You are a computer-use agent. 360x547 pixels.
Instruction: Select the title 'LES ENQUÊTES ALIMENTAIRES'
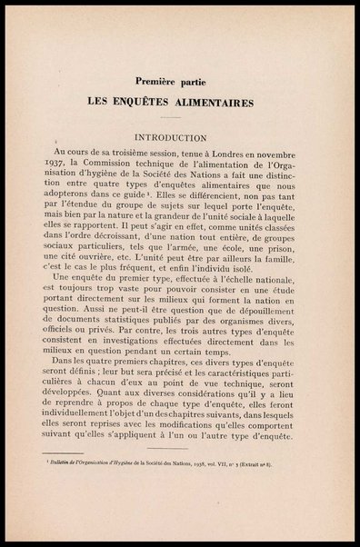tap(180, 102)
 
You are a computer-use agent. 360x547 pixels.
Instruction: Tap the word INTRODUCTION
tap(179, 138)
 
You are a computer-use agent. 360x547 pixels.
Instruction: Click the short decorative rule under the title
tap(180, 121)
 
